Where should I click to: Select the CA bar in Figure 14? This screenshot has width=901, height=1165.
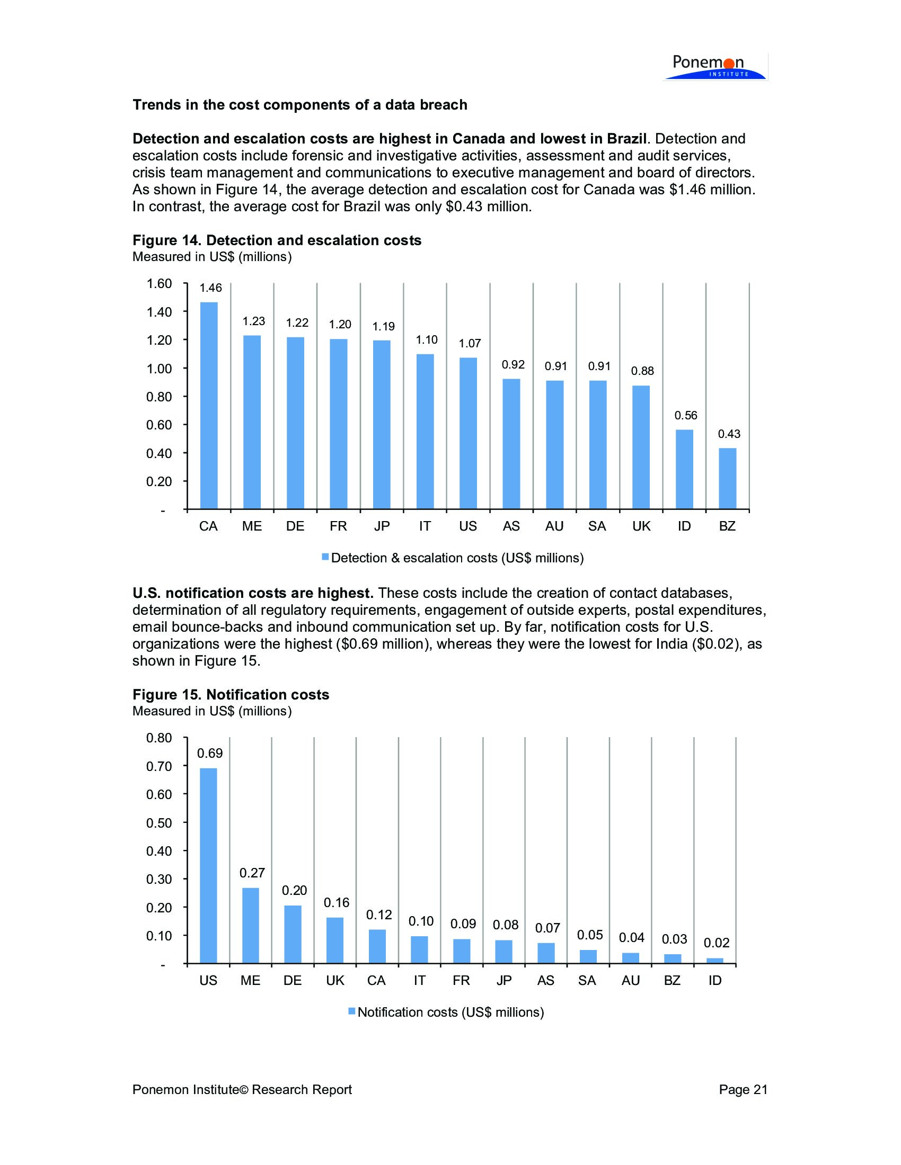tap(209, 406)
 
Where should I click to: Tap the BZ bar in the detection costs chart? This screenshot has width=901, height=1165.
tap(728, 479)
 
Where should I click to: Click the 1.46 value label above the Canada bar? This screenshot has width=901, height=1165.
tap(210, 289)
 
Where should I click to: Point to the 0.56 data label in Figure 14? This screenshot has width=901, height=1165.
tap(685, 416)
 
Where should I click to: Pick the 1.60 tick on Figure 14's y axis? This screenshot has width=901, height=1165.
tap(159, 284)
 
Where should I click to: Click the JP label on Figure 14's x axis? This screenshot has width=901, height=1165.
tap(382, 526)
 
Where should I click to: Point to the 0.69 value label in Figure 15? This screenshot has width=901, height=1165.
tap(210, 754)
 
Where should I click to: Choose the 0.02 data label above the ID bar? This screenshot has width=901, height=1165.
tap(717, 943)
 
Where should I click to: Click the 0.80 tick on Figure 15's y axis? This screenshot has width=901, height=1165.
tap(159, 738)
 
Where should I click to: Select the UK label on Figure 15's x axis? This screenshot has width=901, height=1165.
tap(335, 980)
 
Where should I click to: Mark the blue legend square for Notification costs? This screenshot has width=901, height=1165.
tap(351, 1011)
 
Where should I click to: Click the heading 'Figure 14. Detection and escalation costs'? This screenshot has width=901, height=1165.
tap(277, 240)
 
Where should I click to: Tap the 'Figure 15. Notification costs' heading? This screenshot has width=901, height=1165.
tap(231, 695)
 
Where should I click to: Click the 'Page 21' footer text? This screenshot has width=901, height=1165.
tap(743, 1090)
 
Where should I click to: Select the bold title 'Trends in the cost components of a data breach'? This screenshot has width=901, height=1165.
tap(299, 105)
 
